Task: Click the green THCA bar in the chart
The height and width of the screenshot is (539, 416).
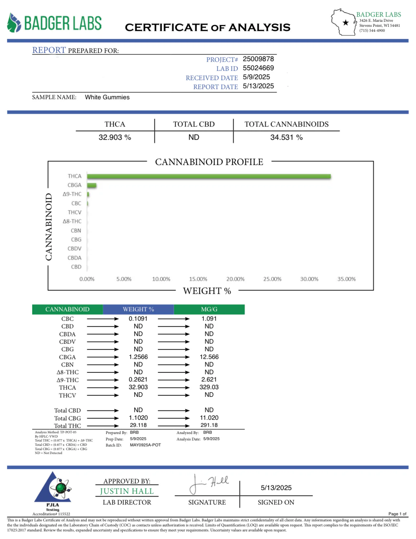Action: pyautogui.click(x=209, y=176)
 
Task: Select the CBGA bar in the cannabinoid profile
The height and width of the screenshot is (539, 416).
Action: pyautogui.click(x=92, y=185)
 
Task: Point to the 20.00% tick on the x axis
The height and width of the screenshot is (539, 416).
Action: pyautogui.click(x=235, y=279)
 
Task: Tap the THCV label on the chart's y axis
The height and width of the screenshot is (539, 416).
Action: pyautogui.click(x=75, y=212)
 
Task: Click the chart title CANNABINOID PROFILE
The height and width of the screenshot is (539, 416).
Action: pyautogui.click(x=209, y=162)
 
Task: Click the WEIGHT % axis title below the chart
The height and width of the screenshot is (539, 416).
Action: pyautogui.click(x=207, y=291)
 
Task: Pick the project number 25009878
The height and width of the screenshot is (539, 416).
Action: pyautogui.click(x=258, y=59)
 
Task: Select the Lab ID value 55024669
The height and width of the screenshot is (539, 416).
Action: pyautogui.click(x=258, y=68)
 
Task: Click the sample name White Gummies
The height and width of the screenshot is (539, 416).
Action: pyautogui.click(x=107, y=97)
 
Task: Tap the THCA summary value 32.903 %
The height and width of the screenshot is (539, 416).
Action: pyautogui.click(x=115, y=137)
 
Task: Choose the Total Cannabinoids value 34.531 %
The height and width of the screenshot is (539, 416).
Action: pyautogui.click(x=286, y=137)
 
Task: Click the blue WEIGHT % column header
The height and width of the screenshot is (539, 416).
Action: pyautogui.click(x=138, y=309)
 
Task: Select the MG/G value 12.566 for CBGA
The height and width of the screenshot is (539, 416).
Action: pyautogui.click(x=209, y=357)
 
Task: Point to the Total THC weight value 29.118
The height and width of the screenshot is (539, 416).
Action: pyautogui.click(x=138, y=425)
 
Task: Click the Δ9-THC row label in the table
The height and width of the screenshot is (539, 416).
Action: pyautogui.click(x=68, y=380)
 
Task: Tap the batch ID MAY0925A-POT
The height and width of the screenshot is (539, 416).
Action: pyautogui.click(x=145, y=445)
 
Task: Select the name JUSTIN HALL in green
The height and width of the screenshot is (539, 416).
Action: pyautogui.click(x=127, y=491)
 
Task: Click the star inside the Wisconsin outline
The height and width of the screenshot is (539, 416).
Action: pyautogui.click(x=345, y=23)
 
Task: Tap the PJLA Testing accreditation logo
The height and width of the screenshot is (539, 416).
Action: pyautogui.click(x=53, y=491)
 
